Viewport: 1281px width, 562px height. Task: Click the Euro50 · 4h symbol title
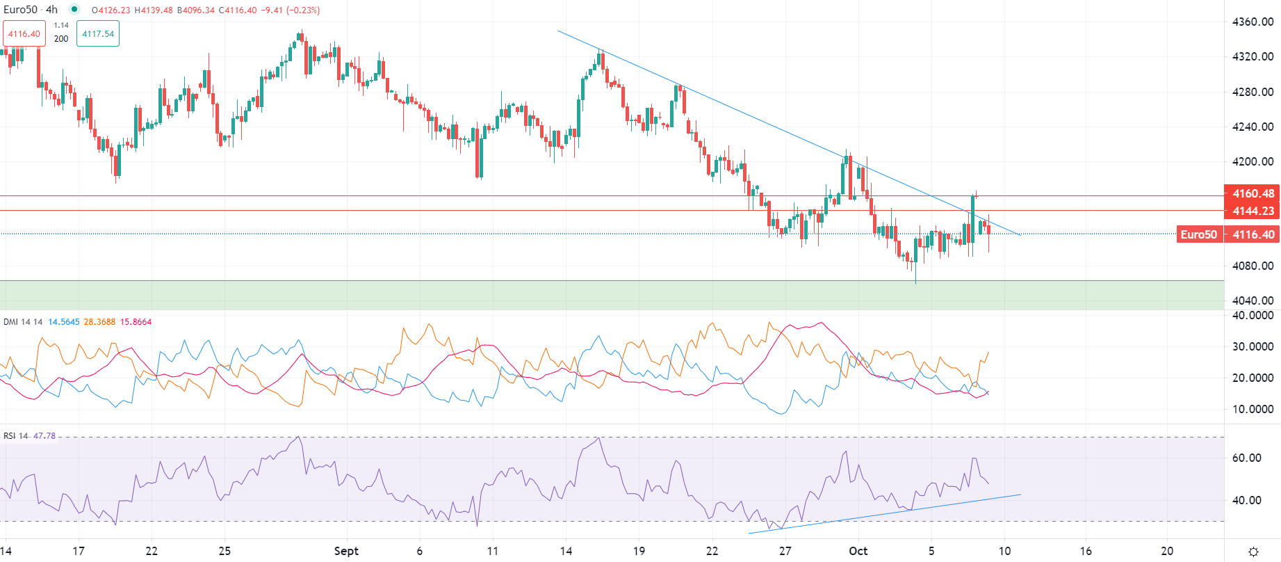pos(31,10)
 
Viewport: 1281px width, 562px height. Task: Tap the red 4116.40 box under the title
pos(24,33)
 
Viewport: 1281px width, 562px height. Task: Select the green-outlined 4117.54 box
pos(98,33)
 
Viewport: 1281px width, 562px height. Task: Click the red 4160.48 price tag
pos(1253,193)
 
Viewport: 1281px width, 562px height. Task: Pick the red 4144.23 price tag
pos(1253,211)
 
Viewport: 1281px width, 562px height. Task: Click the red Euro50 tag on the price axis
pos(1199,234)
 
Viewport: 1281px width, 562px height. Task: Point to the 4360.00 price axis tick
pos(1253,22)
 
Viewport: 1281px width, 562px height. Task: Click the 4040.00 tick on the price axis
pos(1253,300)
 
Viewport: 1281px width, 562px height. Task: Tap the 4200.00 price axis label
pos(1253,161)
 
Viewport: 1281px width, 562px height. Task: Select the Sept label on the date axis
pos(346,551)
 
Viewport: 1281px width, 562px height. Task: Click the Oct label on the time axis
pos(858,551)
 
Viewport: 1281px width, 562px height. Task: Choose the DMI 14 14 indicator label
pos(23,322)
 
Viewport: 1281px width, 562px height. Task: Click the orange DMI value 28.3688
pos(99,322)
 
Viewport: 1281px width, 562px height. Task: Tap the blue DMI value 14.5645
pos(64,322)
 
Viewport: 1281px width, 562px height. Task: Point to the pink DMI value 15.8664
pos(136,322)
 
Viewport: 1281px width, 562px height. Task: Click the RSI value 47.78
pos(44,436)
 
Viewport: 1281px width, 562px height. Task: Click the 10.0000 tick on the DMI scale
pos(1253,409)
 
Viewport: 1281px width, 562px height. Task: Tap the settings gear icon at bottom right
pos(1253,552)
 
